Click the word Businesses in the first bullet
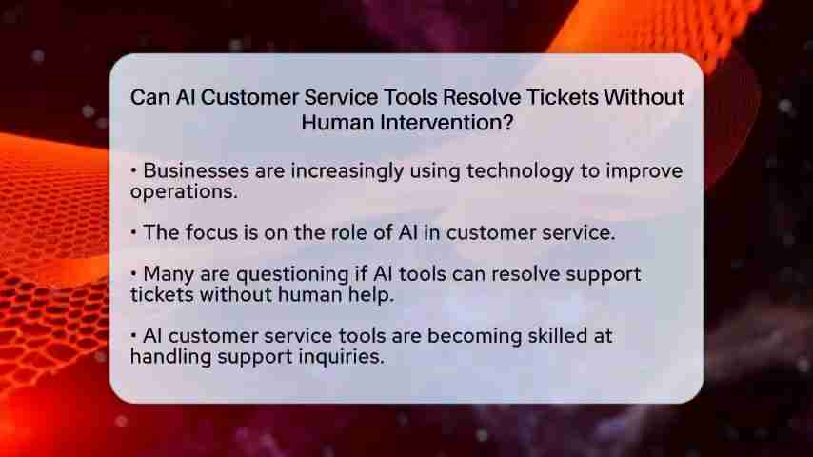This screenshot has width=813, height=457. pos(195,170)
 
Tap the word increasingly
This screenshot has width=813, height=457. pos(347,171)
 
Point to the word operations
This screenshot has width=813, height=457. pos(184,192)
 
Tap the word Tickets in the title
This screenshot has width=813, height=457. pos(562,97)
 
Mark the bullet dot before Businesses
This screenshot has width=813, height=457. pos(134,170)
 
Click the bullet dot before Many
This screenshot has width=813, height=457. pos(134,273)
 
